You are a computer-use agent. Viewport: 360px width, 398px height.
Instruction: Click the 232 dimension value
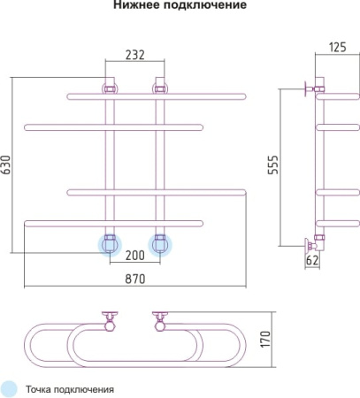[x=135, y=55]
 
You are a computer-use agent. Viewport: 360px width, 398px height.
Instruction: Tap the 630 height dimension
[x=6, y=165]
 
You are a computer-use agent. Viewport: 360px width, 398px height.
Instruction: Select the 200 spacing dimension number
[x=135, y=256]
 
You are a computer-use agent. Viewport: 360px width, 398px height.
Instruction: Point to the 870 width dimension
[x=135, y=279]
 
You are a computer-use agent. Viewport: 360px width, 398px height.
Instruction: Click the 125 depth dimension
[x=338, y=47]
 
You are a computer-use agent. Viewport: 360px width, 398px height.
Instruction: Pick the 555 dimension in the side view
[x=273, y=165]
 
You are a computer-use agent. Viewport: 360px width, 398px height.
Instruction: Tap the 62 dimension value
[x=312, y=260]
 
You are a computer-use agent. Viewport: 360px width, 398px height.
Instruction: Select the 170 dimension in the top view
[x=265, y=339]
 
